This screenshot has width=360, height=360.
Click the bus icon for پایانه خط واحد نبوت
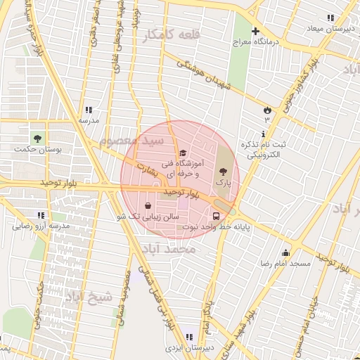(x=217, y=217)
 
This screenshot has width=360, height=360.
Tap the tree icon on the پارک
(x=223, y=171)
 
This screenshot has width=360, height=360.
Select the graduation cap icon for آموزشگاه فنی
(x=183, y=153)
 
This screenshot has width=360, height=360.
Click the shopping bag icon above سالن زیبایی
(x=148, y=205)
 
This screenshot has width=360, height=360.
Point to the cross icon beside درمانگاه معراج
(x=255, y=32)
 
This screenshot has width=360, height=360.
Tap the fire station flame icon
(x=267, y=110)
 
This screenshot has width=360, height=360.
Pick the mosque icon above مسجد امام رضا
(x=285, y=252)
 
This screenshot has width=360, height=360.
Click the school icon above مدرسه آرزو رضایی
(x=39, y=215)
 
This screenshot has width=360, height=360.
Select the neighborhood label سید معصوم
(x=131, y=141)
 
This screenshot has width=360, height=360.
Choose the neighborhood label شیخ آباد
(x=89, y=296)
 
